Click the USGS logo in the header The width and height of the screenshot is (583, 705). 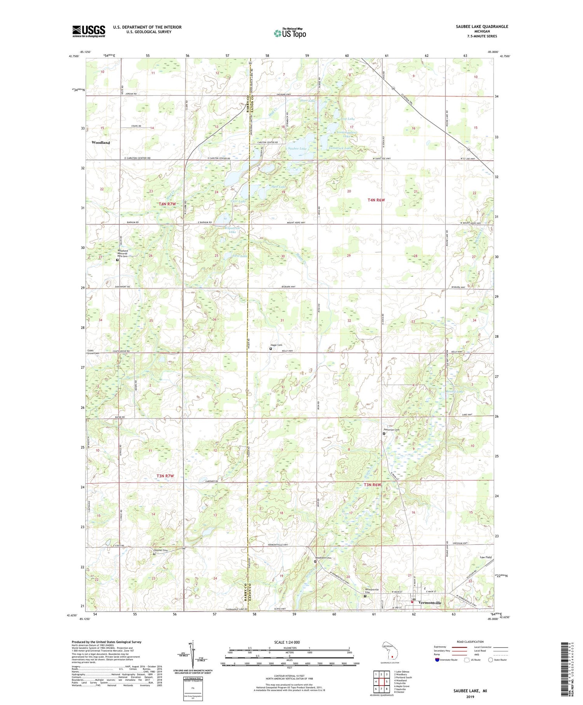[89, 31]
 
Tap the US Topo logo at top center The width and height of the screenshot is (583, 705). [290, 33]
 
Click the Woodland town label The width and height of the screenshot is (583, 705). [101, 143]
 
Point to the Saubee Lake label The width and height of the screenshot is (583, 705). [297, 149]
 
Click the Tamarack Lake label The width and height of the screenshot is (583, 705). [340, 148]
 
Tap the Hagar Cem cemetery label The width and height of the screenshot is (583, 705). [276, 345]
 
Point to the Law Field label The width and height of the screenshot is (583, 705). [485, 557]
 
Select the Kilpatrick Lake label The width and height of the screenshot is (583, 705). [233, 230]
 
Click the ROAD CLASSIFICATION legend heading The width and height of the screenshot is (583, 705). [470, 642]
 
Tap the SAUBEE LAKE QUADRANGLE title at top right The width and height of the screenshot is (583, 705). [483, 26]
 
